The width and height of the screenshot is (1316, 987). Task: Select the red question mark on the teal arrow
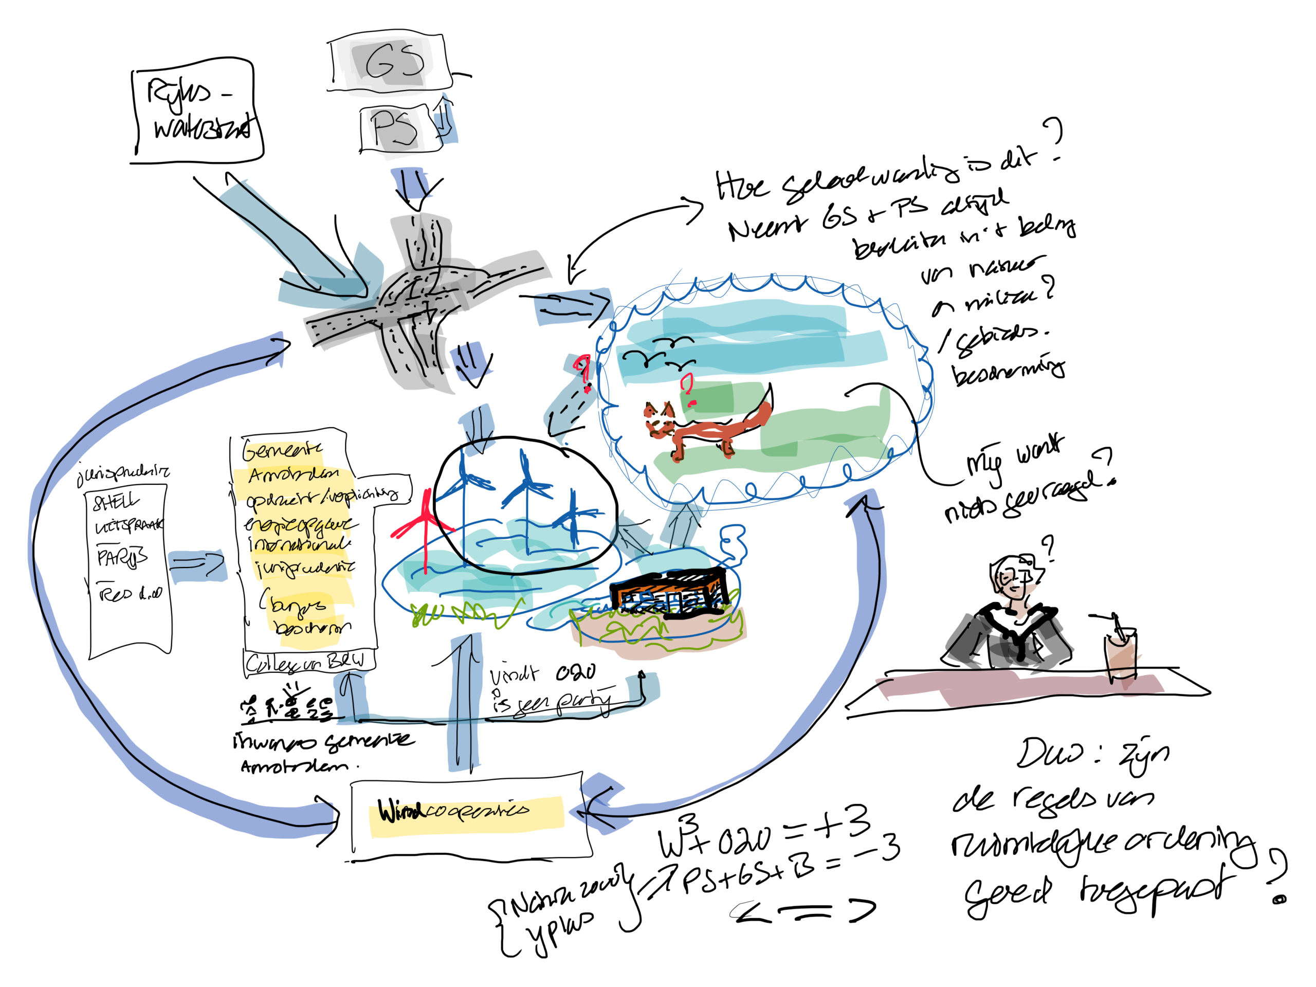pos(583,372)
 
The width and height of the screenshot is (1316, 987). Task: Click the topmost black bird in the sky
pos(672,341)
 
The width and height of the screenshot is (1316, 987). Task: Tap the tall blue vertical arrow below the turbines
pos(465,702)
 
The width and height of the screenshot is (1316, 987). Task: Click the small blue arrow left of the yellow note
pos(197,565)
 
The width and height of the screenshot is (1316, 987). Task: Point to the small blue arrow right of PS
pos(446,122)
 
